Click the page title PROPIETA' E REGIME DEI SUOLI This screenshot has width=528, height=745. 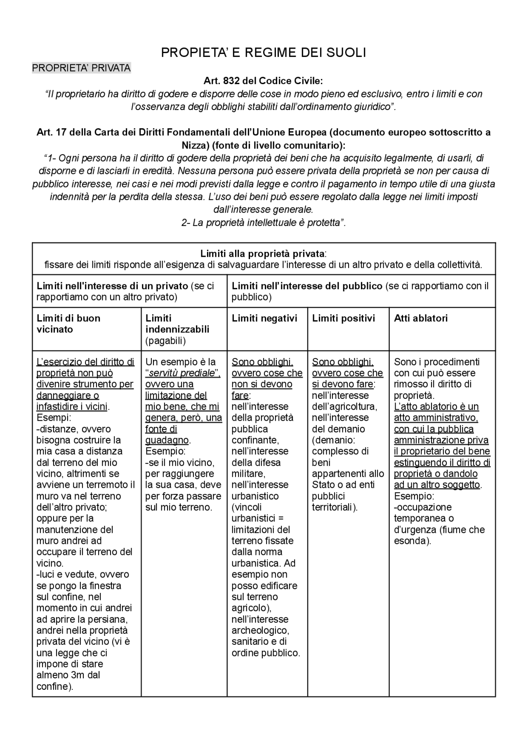pos(263,53)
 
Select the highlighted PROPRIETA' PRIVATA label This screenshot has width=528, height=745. pos(81,68)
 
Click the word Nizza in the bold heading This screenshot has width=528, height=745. pos(194,145)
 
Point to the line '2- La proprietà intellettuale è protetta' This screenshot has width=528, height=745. pos(263,223)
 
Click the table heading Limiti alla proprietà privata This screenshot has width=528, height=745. pos(262,253)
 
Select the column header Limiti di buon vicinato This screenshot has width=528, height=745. pos(68,323)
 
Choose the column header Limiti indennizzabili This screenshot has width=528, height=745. pos(177,324)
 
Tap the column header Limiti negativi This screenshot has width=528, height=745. pos(264,318)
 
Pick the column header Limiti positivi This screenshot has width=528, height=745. pos(344,318)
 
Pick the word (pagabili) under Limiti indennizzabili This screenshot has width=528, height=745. pos(165,340)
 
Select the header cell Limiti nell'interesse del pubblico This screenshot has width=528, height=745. pos(307,286)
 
